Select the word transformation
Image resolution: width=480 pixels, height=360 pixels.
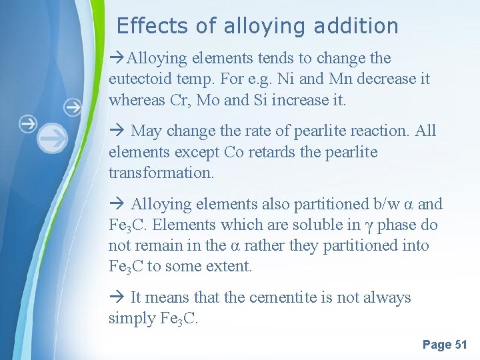(x=159, y=173)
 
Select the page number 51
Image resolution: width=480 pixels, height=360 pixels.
(x=461, y=345)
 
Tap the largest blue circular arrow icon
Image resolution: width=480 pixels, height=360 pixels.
(x=52, y=138)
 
